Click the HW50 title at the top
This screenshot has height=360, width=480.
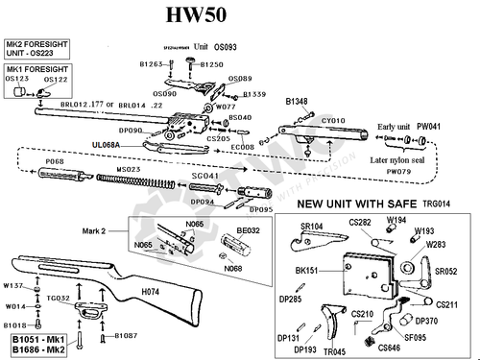(238, 17)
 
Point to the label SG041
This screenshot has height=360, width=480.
(204, 177)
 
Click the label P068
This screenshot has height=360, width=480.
(56, 162)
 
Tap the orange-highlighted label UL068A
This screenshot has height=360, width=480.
(107, 144)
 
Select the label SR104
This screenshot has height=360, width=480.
(313, 226)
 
